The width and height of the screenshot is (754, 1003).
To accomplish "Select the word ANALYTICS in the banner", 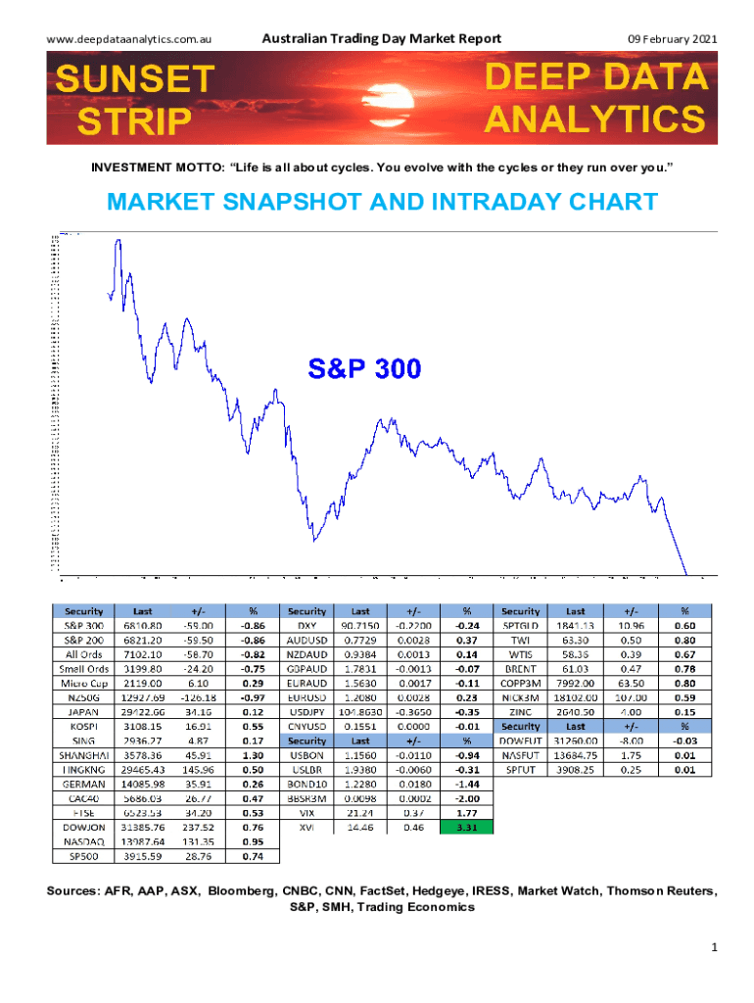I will (x=595, y=119).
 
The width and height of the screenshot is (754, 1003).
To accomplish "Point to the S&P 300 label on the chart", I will (x=364, y=369).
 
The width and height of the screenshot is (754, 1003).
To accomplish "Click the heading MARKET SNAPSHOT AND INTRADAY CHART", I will (x=383, y=202).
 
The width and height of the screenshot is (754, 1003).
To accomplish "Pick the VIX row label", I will (x=307, y=812).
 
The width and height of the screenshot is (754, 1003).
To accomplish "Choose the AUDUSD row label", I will (x=307, y=639).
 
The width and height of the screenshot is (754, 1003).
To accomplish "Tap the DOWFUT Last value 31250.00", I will (x=576, y=740).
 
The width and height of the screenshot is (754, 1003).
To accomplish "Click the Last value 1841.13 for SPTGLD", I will (x=576, y=624).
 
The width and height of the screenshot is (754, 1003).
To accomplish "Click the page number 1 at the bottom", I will (x=717, y=948).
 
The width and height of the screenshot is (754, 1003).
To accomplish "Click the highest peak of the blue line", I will (x=118, y=240).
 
